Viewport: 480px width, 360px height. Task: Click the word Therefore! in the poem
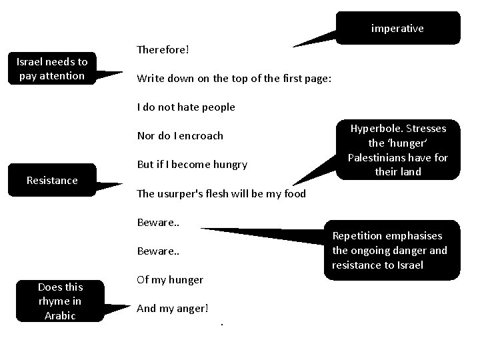coord(163,49)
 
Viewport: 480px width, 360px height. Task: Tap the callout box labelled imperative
coord(398,28)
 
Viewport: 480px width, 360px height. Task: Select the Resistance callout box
coord(53,180)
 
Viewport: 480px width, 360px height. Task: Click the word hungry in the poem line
coord(230,165)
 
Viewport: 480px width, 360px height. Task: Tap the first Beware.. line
coord(158,223)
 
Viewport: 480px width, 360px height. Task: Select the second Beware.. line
coord(158,251)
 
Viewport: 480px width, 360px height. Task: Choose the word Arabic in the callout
coord(60,315)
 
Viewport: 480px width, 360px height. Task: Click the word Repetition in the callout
coord(357,236)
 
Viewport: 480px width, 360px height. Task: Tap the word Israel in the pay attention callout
coord(29,62)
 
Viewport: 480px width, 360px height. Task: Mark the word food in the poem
coord(295,194)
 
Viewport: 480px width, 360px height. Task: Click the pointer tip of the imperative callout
coord(293,47)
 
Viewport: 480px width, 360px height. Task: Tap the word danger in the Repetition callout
coord(409,251)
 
